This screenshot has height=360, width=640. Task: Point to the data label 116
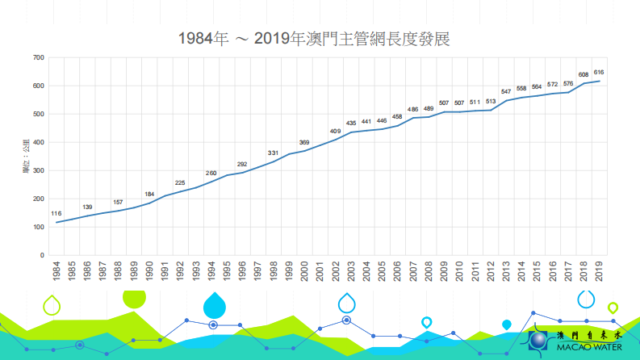click(56, 214)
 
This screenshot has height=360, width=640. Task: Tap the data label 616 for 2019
click(598, 73)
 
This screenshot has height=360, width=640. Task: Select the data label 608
click(583, 75)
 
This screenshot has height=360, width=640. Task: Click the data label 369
click(304, 143)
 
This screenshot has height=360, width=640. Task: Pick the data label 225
click(180, 183)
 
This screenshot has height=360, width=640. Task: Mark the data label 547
click(506, 92)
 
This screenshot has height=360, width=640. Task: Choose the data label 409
click(335, 131)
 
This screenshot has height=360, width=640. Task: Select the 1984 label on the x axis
click(56, 271)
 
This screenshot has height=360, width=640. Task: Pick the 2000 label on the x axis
click(304, 271)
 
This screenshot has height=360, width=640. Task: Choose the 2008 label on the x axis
click(429, 271)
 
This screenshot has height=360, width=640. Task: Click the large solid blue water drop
click(215, 305)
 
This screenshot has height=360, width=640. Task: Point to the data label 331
click(273, 153)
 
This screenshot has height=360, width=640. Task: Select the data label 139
click(87, 207)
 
